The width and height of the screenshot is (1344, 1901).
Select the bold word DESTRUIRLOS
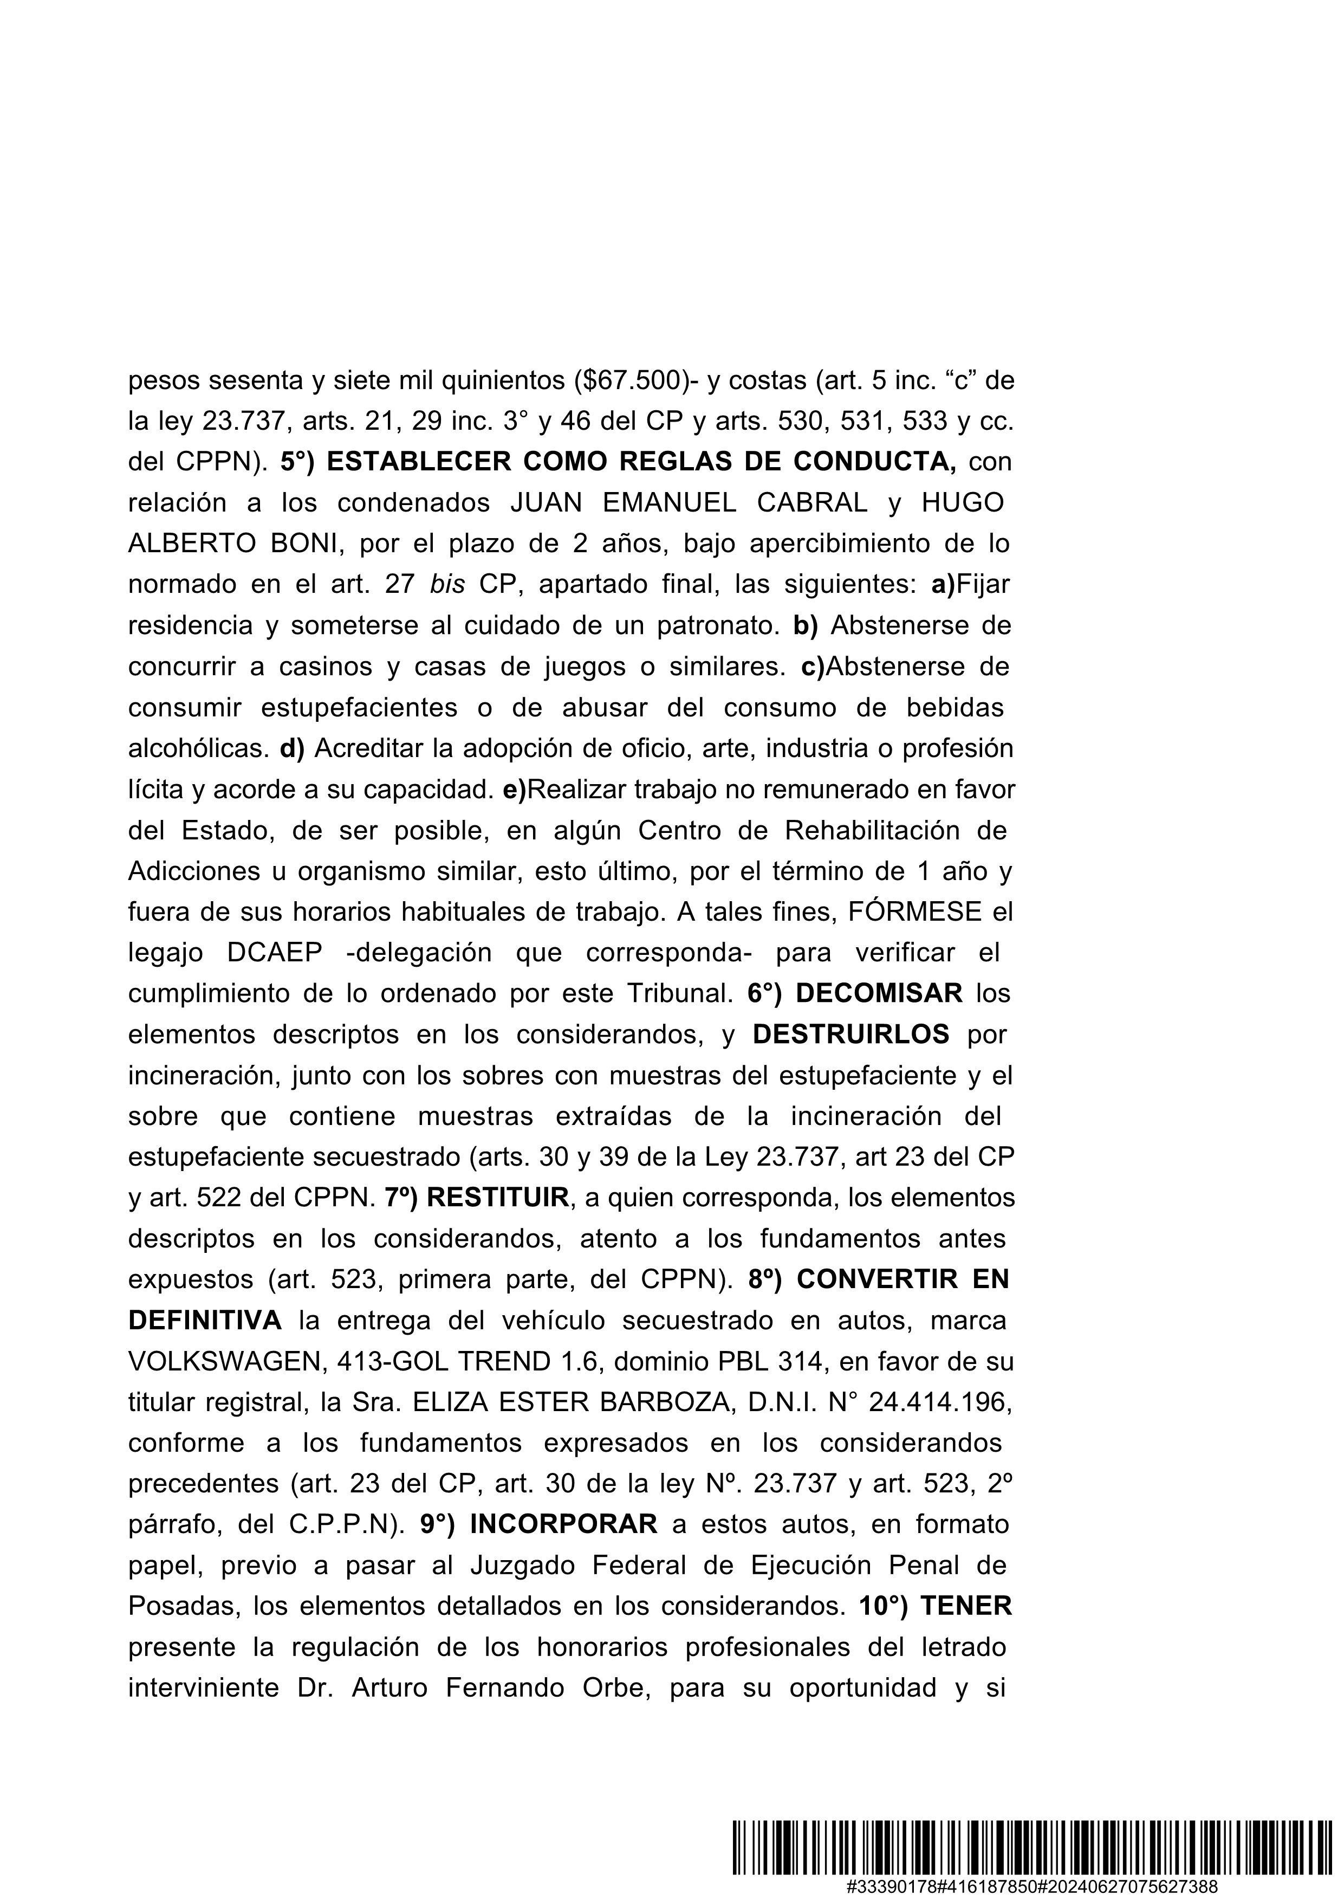[850, 1034]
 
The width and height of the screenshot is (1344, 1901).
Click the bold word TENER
[966, 1606]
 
